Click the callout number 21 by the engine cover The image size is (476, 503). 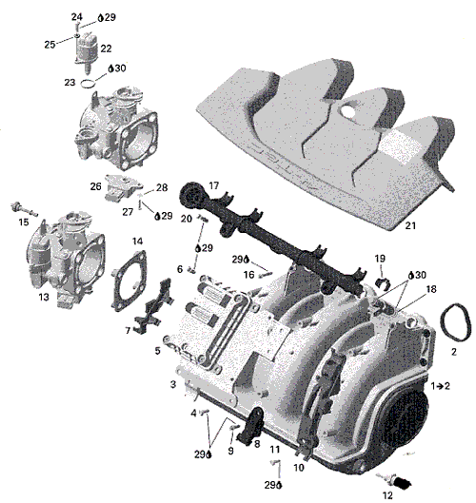(x=410, y=225)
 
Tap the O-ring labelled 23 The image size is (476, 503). (x=88, y=84)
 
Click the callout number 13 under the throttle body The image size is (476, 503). (x=44, y=297)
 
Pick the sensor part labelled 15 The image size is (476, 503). (x=24, y=209)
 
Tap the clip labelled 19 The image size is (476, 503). (x=383, y=283)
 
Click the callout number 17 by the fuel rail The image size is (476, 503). (x=214, y=185)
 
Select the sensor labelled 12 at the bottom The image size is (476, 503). (x=394, y=480)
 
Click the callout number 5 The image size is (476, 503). (x=157, y=351)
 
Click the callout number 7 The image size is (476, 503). (x=128, y=330)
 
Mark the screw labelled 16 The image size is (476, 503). (x=265, y=274)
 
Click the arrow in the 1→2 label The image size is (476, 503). (x=440, y=386)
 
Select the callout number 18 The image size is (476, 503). (x=431, y=289)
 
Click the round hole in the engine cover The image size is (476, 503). (x=347, y=110)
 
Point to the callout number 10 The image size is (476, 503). (x=299, y=468)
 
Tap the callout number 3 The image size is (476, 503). (x=173, y=383)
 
